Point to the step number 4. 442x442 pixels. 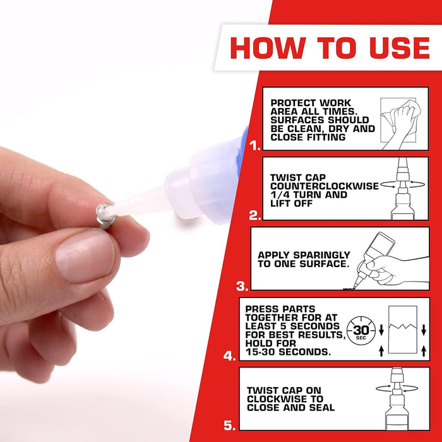pos(230,355)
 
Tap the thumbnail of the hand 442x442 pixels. pos(84,254)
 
